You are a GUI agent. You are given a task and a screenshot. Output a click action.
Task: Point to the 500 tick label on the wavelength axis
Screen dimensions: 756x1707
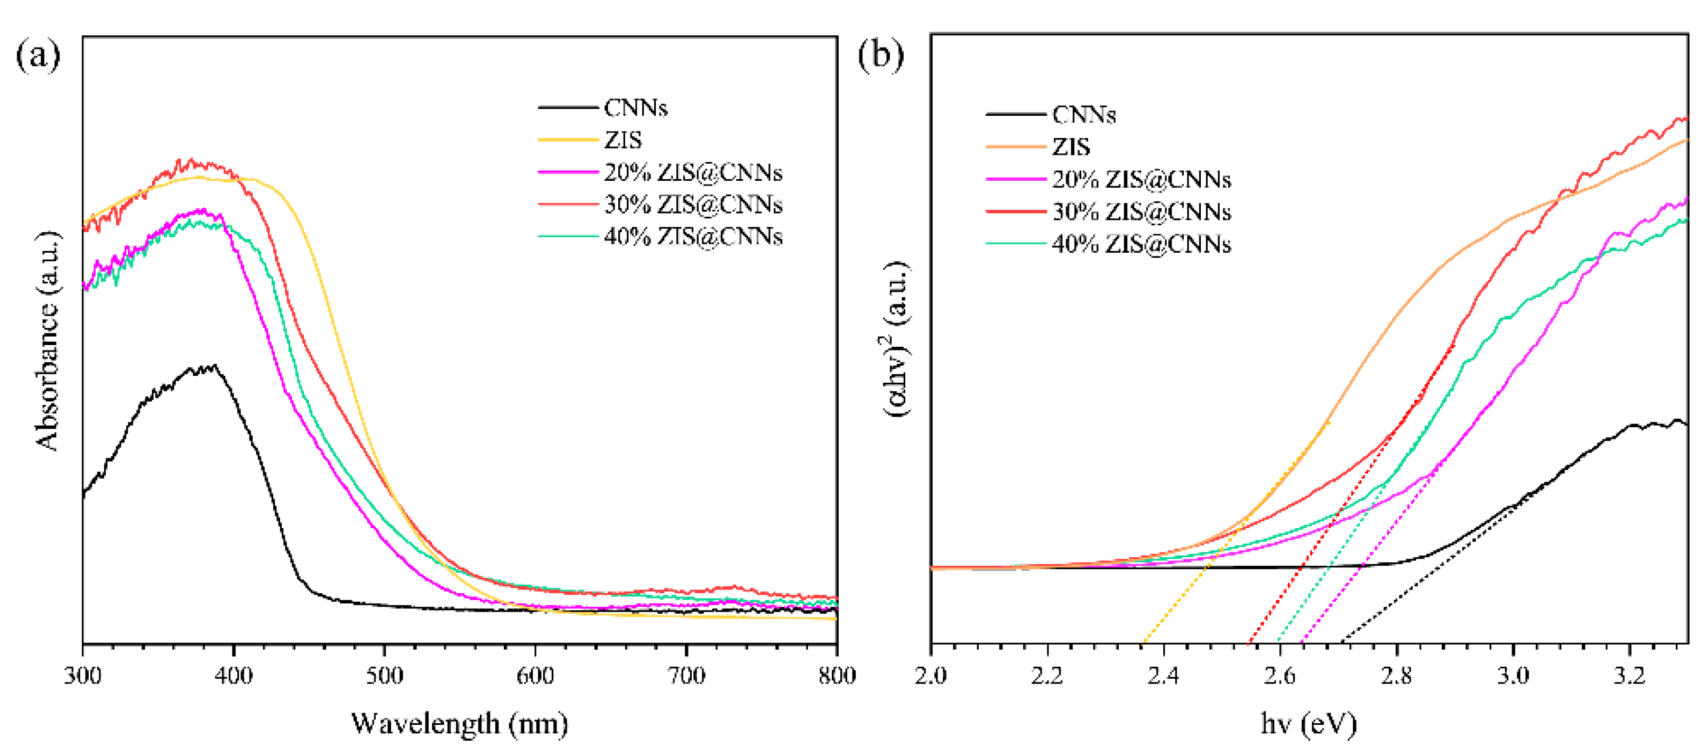tap(384, 676)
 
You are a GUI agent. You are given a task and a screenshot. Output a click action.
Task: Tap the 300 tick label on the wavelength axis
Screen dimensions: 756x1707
tap(83, 676)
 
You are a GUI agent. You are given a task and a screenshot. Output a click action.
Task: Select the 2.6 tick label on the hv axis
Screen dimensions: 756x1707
tap(1279, 676)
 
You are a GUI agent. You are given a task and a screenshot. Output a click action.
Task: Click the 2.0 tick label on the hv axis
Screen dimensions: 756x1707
tap(931, 676)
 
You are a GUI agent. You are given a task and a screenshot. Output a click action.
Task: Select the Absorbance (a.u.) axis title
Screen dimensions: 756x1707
tap(47, 342)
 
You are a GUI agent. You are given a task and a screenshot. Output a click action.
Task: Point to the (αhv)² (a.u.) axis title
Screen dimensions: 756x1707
tap(895, 338)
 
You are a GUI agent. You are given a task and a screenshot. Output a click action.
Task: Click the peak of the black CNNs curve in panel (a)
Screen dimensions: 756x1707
tap(214, 365)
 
